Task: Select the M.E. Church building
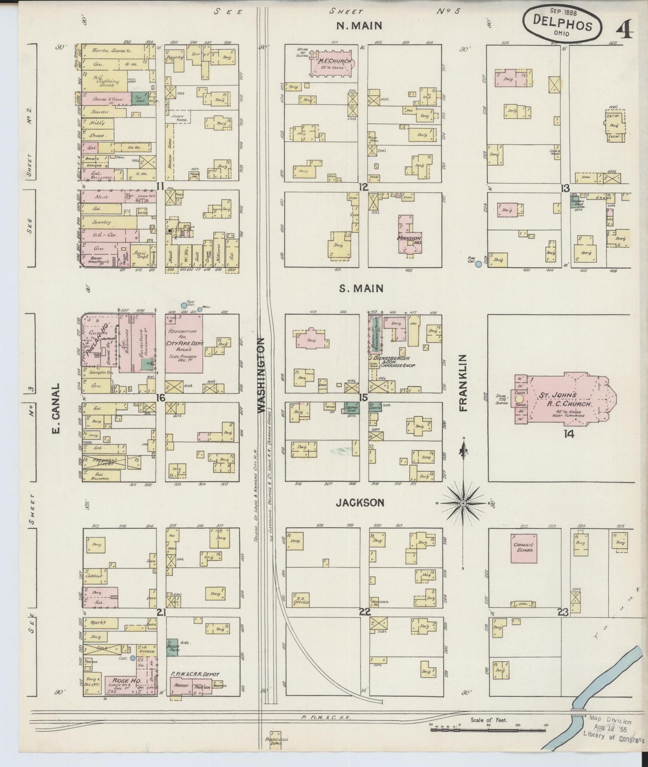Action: (x=331, y=64)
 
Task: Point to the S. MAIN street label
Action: (x=367, y=288)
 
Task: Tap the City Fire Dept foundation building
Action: (x=183, y=343)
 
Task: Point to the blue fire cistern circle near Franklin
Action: (x=478, y=264)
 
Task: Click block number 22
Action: (x=364, y=612)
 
